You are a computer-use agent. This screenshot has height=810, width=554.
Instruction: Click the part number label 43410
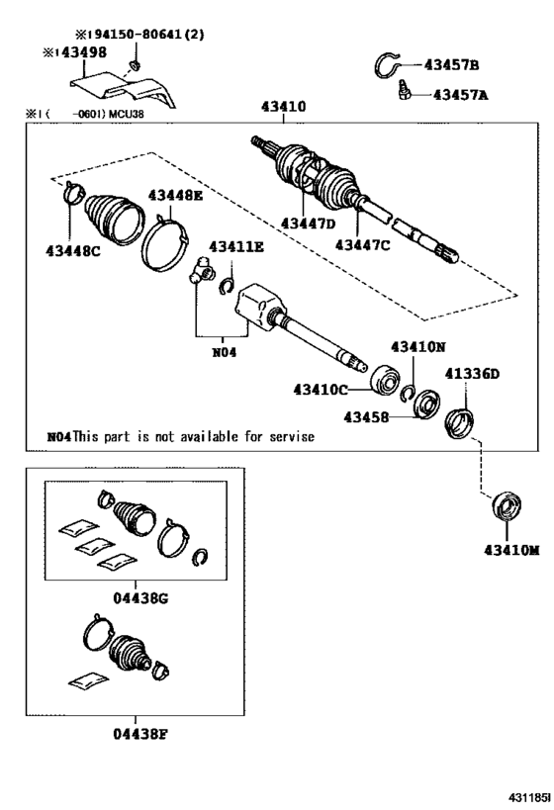pos(283,107)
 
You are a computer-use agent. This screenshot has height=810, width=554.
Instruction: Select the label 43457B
pos(451,65)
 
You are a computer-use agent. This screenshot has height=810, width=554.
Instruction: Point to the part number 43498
pos(79,52)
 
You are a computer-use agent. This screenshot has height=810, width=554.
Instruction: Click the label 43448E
pos(175,196)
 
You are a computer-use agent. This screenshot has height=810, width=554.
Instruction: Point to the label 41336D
pos(472,373)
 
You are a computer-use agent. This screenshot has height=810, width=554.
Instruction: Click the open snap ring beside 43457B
pos(393,66)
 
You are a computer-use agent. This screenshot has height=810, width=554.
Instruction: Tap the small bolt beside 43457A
pos(404,93)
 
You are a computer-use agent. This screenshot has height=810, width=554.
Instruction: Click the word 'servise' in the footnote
pos(287,435)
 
